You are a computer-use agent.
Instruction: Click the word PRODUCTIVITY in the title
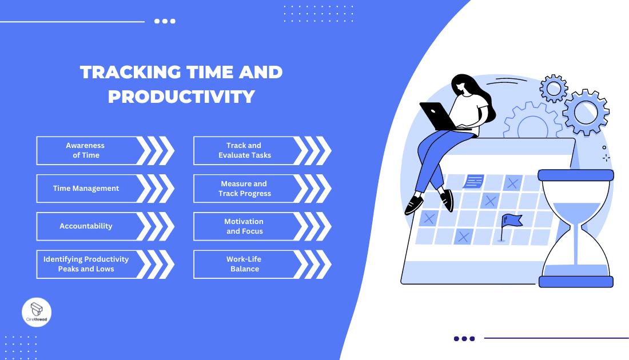[x=181, y=96]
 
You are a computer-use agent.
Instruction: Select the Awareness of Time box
[x=86, y=150]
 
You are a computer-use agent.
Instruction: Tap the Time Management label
[x=86, y=189]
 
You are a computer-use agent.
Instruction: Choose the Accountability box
[x=86, y=226]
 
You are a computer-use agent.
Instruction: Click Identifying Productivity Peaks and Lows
[x=86, y=264]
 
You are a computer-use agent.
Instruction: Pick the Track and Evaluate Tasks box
[x=244, y=150]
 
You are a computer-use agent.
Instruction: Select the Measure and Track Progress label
[x=244, y=189]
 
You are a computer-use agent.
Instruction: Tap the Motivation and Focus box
[x=244, y=226]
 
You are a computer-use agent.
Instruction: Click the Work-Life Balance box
[x=244, y=264]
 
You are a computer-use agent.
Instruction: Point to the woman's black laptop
[x=437, y=117]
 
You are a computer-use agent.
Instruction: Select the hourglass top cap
[x=575, y=175]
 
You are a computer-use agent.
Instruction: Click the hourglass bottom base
[x=576, y=281]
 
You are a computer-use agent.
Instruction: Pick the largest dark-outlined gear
[x=586, y=112]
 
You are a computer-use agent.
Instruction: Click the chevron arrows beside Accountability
[x=155, y=226]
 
